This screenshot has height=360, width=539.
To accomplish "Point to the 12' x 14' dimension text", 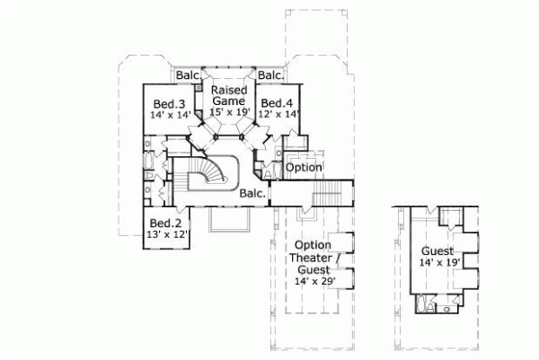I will pyautogui.click(x=278, y=115).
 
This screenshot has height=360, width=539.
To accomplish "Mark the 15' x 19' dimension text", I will pyautogui.click(x=228, y=113).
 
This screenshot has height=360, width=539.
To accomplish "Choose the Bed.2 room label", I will pyautogui.click(x=166, y=223).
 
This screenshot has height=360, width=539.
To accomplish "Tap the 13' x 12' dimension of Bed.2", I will pyautogui.click(x=166, y=235).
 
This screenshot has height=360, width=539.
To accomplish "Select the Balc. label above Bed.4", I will pyautogui.click(x=270, y=75).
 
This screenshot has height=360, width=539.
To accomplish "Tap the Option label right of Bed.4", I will pyautogui.click(x=303, y=168).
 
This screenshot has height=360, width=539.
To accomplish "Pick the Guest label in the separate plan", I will pyautogui.click(x=437, y=251).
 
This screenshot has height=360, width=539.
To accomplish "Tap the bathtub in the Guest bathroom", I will pyautogui.click(x=420, y=306).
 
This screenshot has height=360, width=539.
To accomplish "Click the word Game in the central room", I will pyautogui.click(x=228, y=101).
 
